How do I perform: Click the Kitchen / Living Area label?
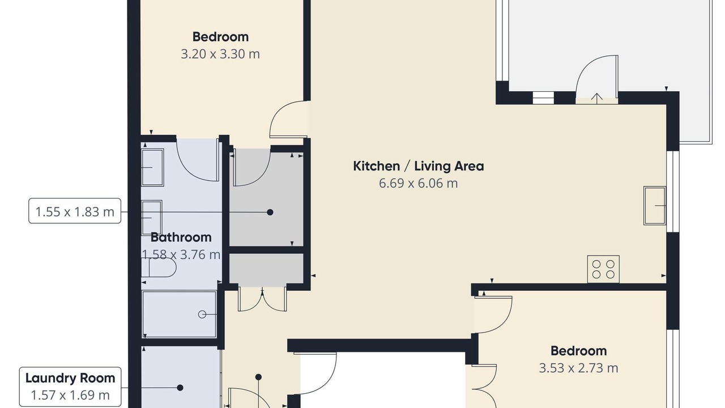tap(418, 166)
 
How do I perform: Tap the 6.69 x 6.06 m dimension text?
tap(418, 183)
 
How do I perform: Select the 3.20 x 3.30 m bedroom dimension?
tap(220, 54)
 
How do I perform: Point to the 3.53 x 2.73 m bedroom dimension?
tap(578, 368)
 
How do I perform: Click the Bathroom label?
tap(181, 237)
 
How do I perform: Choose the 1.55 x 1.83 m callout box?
tap(75, 211)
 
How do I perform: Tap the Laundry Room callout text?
tap(70, 378)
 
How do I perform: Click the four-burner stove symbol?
tap(603, 269)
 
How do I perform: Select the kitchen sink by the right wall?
tap(654, 206)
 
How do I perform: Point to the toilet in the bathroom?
tap(159, 268)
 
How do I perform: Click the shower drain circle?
tap(202, 314)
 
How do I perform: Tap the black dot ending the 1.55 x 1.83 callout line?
tap(270, 212)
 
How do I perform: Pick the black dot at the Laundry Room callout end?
tap(180, 388)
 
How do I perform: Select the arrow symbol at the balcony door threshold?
tap(597, 99)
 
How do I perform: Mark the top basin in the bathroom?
tap(152, 167)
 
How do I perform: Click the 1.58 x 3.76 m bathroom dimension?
tap(181, 255)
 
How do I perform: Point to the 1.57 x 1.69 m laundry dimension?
tap(70, 396)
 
